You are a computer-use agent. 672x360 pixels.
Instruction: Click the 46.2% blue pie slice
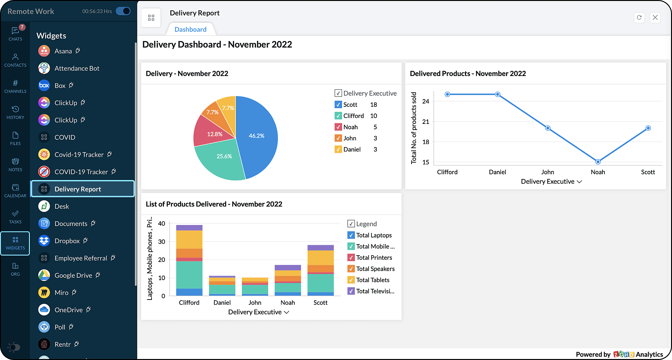point(257,136)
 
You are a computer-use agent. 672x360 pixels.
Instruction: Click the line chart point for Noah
point(598,162)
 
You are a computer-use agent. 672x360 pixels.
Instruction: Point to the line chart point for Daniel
point(497,94)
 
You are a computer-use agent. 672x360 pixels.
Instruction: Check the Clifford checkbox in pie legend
point(338,116)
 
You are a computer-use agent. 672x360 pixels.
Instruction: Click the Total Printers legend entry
point(374,258)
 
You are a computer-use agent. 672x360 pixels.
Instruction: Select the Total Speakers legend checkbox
point(351,269)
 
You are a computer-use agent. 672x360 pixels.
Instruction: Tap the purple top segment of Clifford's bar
point(189,227)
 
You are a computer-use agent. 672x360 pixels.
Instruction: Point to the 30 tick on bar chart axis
point(162,242)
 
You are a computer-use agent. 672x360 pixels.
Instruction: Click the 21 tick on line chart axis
point(426,122)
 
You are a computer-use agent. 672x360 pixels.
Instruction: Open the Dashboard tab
point(191,30)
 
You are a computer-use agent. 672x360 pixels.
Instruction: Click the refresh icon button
point(639,17)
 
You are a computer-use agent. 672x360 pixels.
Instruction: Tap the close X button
point(655,17)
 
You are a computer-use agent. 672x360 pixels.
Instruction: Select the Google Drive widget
point(73,275)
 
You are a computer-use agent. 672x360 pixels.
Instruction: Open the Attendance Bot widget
point(77,69)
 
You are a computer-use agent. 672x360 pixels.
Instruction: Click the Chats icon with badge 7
point(15,33)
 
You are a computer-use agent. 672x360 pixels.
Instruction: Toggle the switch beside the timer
point(123,11)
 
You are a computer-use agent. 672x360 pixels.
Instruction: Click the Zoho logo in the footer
point(623,354)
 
